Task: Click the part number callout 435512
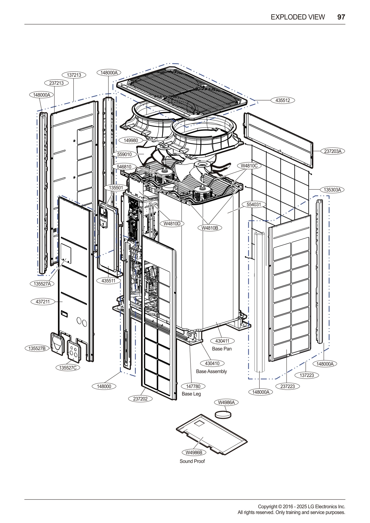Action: pos(283,100)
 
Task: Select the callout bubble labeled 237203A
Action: pos(333,151)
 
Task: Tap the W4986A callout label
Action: pos(226,402)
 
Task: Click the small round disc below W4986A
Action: pos(223,414)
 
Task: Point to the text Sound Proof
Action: pos(192,461)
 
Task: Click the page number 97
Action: pos(341,17)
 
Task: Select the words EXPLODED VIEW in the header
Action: pos(297,17)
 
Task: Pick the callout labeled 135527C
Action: pos(68,368)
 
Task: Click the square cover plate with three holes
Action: pos(74,351)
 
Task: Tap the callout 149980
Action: pos(131,140)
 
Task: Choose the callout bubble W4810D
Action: pos(172,224)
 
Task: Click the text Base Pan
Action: pos(222,349)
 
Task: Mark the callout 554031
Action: pos(254,204)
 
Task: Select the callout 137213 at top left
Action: pos(74,75)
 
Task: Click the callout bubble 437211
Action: pos(43,302)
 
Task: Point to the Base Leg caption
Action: pos(191,394)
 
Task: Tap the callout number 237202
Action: pos(140,399)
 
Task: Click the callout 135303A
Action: pos(332,190)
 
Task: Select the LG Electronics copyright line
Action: pos(301,506)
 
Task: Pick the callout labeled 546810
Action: pos(124,167)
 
